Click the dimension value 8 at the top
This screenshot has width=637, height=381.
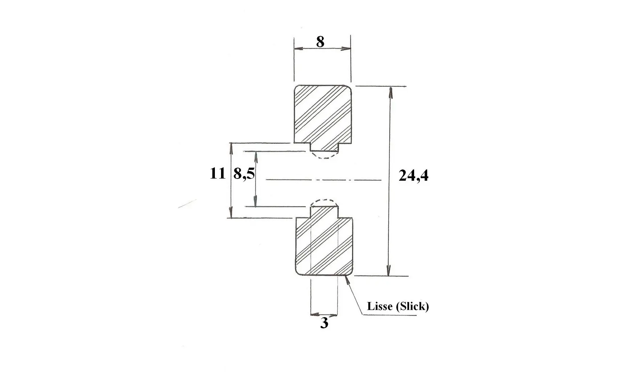320,42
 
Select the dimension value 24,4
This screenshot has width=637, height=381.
413,176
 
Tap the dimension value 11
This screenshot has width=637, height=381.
217,173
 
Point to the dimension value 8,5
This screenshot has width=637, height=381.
244,174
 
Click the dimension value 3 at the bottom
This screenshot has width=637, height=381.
324,323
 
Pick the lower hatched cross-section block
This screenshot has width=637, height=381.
324,243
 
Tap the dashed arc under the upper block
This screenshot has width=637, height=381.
324,157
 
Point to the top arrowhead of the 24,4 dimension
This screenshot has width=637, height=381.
391,93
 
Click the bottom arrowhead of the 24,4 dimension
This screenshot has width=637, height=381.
389,270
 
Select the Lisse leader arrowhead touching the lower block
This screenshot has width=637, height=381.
347,280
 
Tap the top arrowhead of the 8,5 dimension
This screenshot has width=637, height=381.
256,157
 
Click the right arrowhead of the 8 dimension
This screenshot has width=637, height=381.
345,48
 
